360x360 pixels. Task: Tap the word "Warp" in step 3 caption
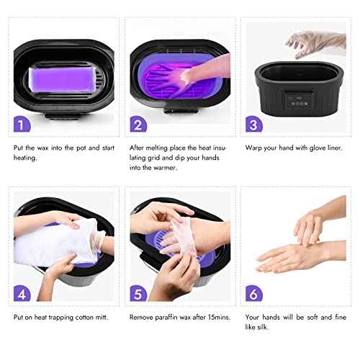pos(256,147)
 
